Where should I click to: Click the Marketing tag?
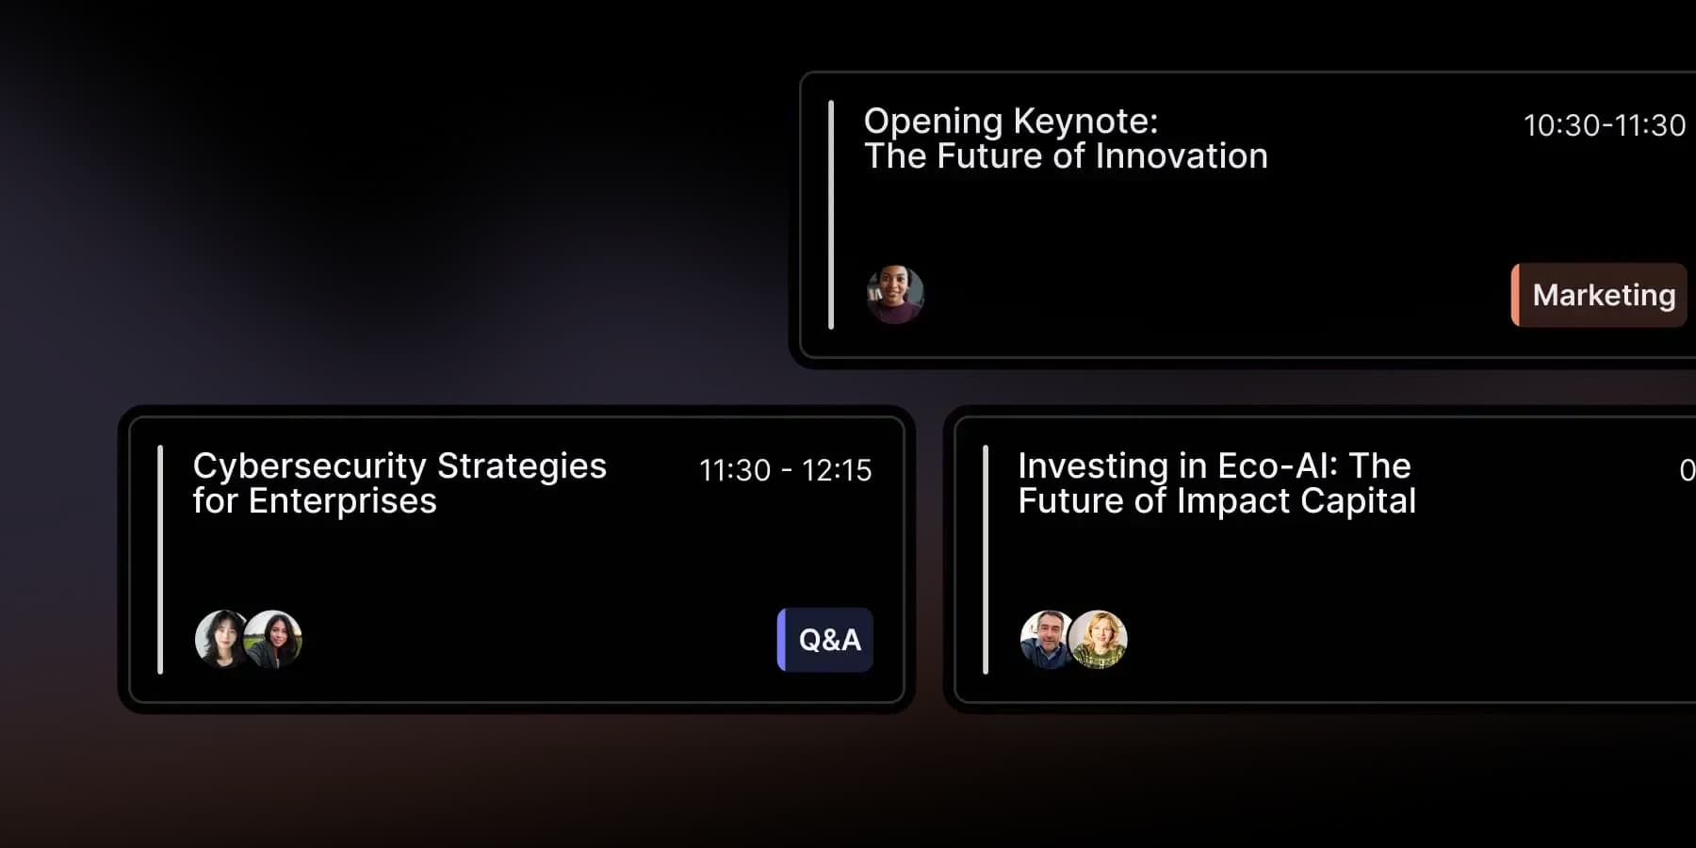pyautogui.click(x=1599, y=295)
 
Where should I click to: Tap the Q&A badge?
pyautogui.click(x=825, y=640)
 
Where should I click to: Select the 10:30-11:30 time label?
pyautogui.click(x=1605, y=125)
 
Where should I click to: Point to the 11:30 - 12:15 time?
pyautogui.click(x=786, y=470)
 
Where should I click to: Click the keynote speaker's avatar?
pyautogui.click(x=895, y=295)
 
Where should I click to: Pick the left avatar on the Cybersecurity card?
pyautogui.click(x=222, y=639)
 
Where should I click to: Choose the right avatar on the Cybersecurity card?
pyautogui.click(x=273, y=639)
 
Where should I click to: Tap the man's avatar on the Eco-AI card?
pyautogui.click(x=1047, y=639)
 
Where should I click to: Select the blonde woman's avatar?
pyautogui.click(x=1099, y=639)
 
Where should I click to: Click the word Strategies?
pyautogui.click(x=522, y=466)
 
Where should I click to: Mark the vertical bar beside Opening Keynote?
pyautogui.click(x=831, y=215)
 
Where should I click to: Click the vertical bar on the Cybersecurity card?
pyautogui.click(x=160, y=560)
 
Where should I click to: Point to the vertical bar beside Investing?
pyautogui.click(x=986, y=560)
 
